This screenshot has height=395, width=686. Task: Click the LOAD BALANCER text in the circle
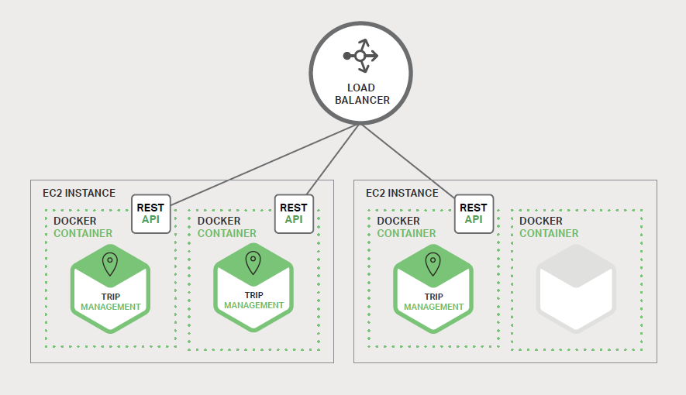[362, 94]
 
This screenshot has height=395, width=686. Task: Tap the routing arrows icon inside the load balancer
[361, 56]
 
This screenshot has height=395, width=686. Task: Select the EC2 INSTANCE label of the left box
[79, 193]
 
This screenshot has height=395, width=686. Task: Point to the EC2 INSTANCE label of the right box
[402, 193]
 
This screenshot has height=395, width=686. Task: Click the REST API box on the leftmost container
[150, 213]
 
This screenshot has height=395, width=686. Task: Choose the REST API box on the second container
[294, 213]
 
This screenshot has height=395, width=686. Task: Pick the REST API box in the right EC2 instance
[473, 213]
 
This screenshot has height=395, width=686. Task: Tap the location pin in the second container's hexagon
[253, 263]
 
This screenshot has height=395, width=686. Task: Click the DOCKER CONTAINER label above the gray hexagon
[548, 227]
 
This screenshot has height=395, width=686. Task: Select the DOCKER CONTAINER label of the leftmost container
[82, 227]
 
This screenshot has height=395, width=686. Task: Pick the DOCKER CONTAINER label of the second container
[226, 227]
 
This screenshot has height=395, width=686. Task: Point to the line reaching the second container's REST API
[333, 159]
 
